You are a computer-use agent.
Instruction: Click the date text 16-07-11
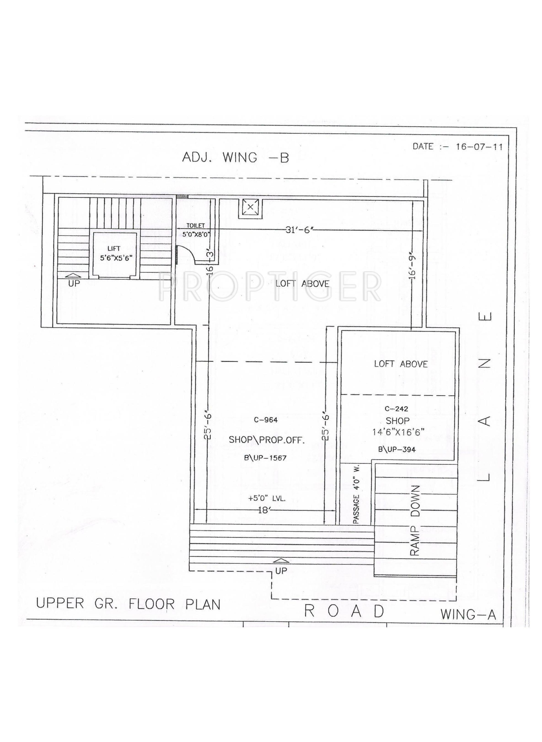(479, 146)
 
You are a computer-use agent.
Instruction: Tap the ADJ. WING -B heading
(235, 158)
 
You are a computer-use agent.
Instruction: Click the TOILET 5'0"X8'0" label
(196, 230)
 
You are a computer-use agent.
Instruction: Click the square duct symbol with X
(250, 207)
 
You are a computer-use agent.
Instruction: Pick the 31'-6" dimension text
(300, 230)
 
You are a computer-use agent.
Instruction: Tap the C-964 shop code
(266, 420)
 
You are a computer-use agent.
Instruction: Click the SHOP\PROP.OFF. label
(266, 440)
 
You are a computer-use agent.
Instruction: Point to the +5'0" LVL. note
(267, 499)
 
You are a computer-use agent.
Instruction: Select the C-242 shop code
(396, 409)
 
